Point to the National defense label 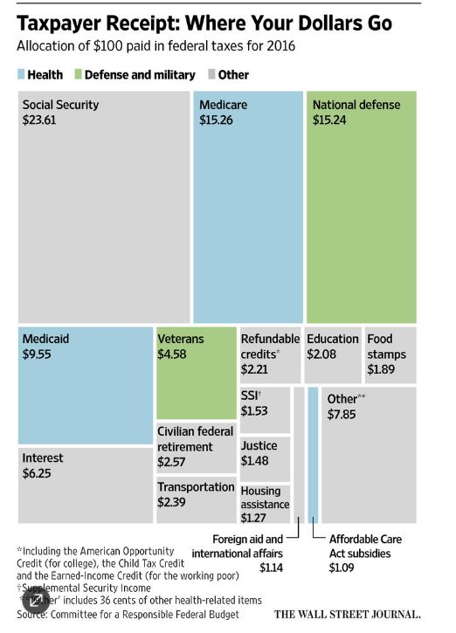pos(356,105)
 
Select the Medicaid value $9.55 pos(38,354)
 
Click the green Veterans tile pos(196,375)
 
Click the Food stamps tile pos(390,354)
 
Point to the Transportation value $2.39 pos(176,503)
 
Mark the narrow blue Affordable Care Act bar pos(313,454)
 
